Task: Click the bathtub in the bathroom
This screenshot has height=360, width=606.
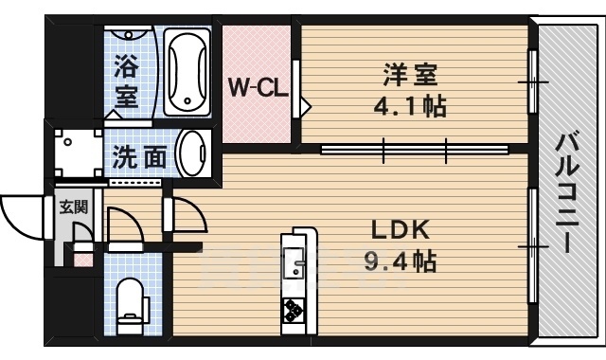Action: click(187, 72)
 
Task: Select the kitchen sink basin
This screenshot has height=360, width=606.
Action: click(294, 264)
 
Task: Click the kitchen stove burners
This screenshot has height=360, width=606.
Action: click(294, 310)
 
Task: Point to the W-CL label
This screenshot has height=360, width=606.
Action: click(258, 88)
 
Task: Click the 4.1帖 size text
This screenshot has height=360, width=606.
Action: click(410, 106)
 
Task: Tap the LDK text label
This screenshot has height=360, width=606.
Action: click(400, 230)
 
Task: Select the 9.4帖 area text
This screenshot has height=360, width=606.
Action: click(401, 261)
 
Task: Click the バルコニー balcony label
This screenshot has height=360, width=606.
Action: click(567, 193)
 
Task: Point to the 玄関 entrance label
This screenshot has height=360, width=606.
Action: click(74, 207)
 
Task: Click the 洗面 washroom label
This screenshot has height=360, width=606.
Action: click(139, 157)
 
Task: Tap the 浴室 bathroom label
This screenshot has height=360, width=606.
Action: click(127, 82)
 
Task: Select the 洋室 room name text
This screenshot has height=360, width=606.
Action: click(410, 75)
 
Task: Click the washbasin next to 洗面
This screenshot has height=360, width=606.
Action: click(192, 153)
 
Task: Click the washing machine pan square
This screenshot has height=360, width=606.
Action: click(79, 153)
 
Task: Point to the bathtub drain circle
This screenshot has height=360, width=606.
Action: click(187, 101)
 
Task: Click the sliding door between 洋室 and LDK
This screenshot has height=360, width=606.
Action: click(415, 150)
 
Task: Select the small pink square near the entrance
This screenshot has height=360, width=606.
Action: click(83, 260)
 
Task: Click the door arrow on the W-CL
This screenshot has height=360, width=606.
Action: click(305, 104)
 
